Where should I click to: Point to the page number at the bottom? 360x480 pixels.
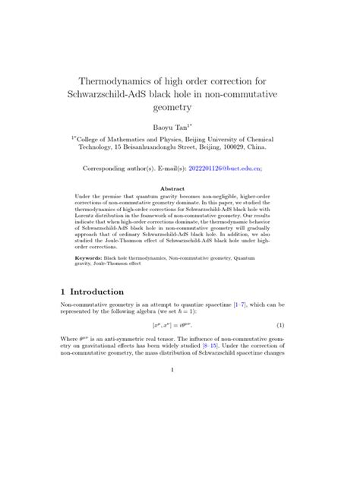[x=173, y=370]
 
